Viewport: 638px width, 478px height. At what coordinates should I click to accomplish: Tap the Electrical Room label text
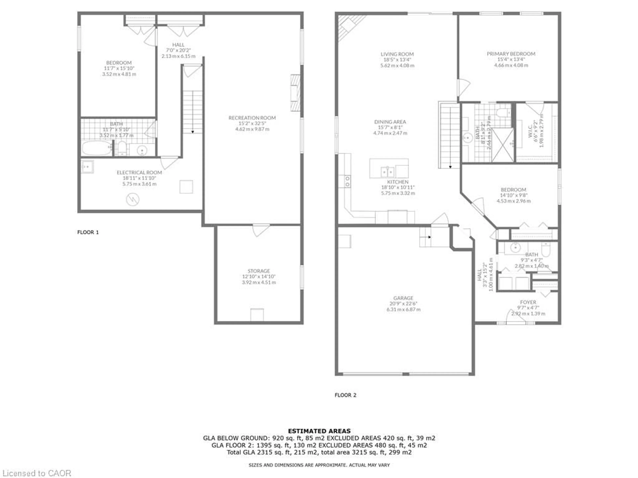point(139,172)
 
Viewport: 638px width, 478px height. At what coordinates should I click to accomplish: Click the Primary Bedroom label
point(511,54)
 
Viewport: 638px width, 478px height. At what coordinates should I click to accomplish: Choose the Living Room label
point(397,54)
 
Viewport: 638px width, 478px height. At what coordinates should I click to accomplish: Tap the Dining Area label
point(390,122)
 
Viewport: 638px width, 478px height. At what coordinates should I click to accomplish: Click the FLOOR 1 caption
point(88,232)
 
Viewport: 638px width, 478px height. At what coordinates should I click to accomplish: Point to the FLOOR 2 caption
point(345,395)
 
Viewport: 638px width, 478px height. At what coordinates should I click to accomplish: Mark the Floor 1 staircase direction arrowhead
point(192,132)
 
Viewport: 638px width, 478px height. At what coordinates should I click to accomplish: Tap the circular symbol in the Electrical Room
point(133,199)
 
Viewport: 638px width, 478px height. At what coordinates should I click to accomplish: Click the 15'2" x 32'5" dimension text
point(252,123)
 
